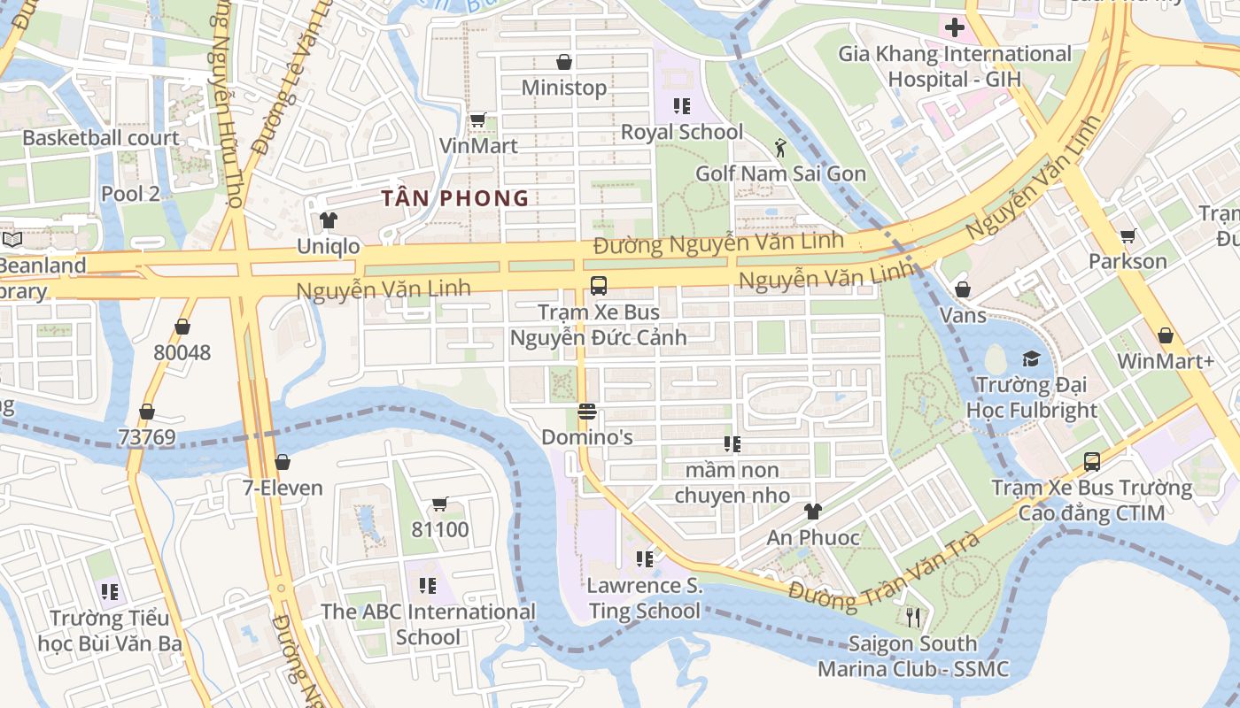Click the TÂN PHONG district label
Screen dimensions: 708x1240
(x=454, y=198)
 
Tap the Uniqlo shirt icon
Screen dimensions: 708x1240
(x=329, y=219)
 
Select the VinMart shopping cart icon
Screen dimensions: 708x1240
(x=477, y=119)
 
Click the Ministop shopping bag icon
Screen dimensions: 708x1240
(x=563, y=62)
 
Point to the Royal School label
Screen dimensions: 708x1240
(x=681, y=132)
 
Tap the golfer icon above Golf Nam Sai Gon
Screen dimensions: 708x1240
(x=780, y=147)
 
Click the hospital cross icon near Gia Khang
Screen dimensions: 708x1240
(x=954, y=27)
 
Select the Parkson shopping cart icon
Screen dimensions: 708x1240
(x=1128, y=235)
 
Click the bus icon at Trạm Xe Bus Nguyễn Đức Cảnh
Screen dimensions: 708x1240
(x=599, y=286)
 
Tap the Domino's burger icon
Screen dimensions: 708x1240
(x=586, y=412)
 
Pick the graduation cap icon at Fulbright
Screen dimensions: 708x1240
(x=1031, y=358)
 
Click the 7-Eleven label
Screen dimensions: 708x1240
(x=283, y=488)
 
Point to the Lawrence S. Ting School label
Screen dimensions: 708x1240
(x=644, y=598)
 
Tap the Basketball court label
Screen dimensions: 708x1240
(x=100, y=138)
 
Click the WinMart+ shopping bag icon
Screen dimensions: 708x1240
(x=1165, y=335)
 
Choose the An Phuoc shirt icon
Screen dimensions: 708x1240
(x=812, y=511)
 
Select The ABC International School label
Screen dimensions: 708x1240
(x=428, y=624)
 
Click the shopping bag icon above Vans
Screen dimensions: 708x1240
(x=963, y=289)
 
